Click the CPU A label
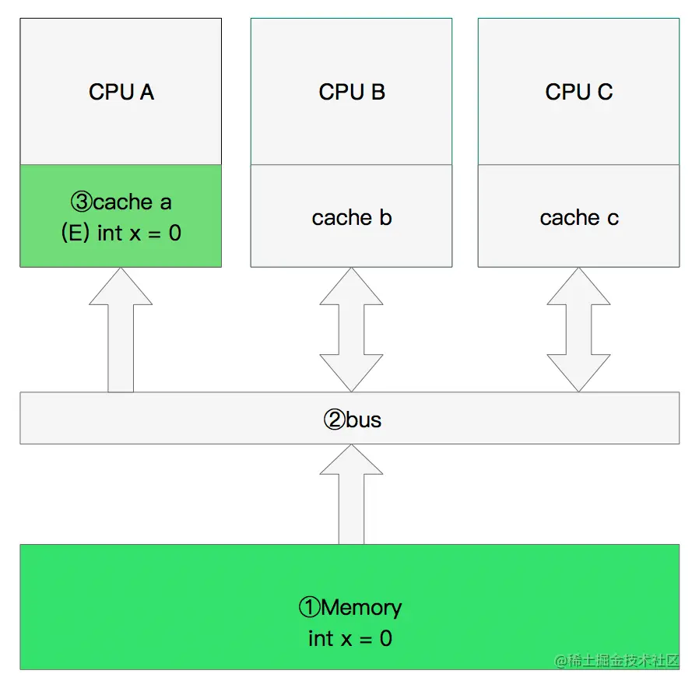click(x=121, y=92)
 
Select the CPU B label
click(x=352, y=92)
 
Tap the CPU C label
click(x=578, y=92)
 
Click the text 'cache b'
click(x=352, y=217)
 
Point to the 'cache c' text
click(x=579, y=217)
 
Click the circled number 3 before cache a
click(x=82, y=202)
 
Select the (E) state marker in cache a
click(x=76, y=233)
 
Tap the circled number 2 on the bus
click(x=335, y=419)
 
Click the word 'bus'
click(x=364, y=419)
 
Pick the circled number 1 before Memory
click(x=309, y=607)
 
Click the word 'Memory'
click(x=361, y=608)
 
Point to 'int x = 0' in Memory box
click(x=350, y=638)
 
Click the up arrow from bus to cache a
click(x=121, y=330)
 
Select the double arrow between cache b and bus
click(x=351, y=330)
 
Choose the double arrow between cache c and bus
click(x=578, y=330)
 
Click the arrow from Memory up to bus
click(x=351, y=494)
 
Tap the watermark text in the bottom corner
click(x=616, y=661)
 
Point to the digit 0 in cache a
click(x=175, y=233)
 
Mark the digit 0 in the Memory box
click(x=386, y=638)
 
